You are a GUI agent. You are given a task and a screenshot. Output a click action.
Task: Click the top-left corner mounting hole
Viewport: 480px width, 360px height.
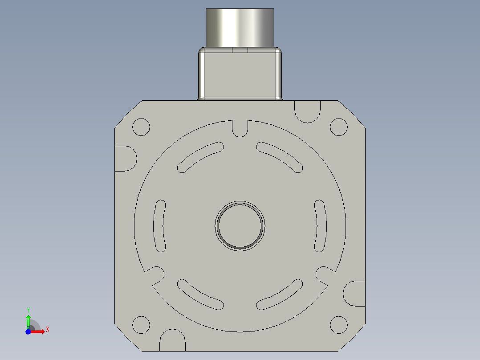(x=142, y=127)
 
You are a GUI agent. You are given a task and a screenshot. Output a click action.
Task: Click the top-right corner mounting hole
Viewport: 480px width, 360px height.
(x=338, y=127)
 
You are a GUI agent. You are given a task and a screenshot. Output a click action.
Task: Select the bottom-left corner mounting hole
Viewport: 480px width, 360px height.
(x=142, y=324)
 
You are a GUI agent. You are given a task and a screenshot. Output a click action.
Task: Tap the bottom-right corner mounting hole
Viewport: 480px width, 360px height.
(x=338, y=324)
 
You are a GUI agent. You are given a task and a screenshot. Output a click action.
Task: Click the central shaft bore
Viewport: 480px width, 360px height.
(x=240, y=225)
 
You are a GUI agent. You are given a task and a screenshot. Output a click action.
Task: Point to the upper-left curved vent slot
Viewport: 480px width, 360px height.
(x=200, y=157)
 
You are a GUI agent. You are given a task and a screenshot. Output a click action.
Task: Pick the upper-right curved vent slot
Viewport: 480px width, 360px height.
(x=280, y=157)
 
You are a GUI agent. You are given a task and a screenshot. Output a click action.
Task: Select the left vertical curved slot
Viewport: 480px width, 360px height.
(x=159, y=225)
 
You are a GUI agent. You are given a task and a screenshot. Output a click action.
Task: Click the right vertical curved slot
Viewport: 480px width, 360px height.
(x=321, y=225)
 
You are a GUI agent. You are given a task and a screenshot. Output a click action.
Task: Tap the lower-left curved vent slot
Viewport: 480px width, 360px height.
(x=200, y=294)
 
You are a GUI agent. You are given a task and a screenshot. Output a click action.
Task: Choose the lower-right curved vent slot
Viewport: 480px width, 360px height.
(x=280, y=294)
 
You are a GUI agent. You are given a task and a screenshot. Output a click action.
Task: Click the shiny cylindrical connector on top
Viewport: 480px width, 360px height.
(x=240, y=28)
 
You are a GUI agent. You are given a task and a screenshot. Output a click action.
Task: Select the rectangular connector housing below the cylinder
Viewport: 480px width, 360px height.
(x=240, y=75)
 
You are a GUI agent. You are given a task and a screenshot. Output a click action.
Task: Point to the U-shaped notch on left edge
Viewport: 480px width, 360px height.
(x=125, y=158)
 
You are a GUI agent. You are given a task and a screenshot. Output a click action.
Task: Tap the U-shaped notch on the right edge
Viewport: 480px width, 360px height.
(x=355, y=293)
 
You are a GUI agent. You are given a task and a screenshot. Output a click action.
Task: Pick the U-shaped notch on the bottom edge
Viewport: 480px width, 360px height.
(x=172, y=341)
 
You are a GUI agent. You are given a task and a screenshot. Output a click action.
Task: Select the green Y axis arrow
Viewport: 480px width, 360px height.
(x=28, y=319)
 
